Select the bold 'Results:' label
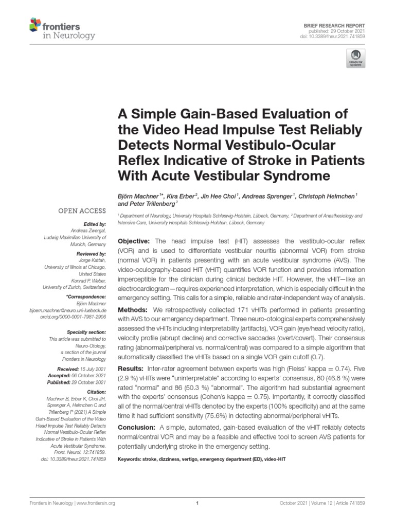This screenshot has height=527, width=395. (x=132, y=369)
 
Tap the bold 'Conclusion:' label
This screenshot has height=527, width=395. (x=137, y=428)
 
